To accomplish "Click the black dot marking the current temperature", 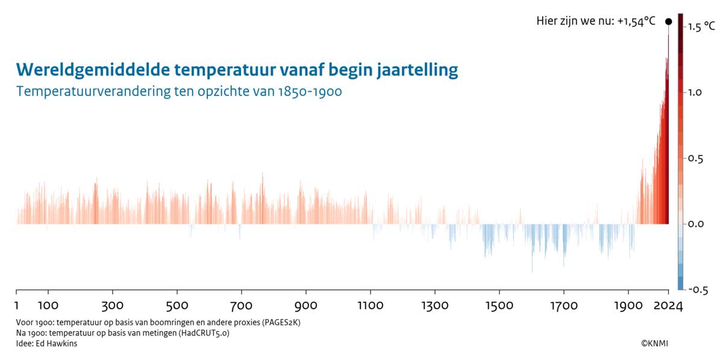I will (x=668, y=22).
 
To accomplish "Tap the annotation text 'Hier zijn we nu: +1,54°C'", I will (x=595, y=21).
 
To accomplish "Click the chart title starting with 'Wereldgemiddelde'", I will (x=237, y=70).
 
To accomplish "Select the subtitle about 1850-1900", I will (x=180, y=92).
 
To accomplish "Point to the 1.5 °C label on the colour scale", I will (x=702, y=27).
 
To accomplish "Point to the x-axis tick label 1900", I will (x=628, y=306).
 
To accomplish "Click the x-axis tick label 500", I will (x=177, y=306).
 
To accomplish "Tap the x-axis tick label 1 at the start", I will (x=16, y=306).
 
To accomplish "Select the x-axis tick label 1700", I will (x=563, y=306).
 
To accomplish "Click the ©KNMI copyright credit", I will (x=654, y=343).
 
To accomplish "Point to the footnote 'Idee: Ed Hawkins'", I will (x=47, y=343).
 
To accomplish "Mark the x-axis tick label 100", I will (x=48, y=306).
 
